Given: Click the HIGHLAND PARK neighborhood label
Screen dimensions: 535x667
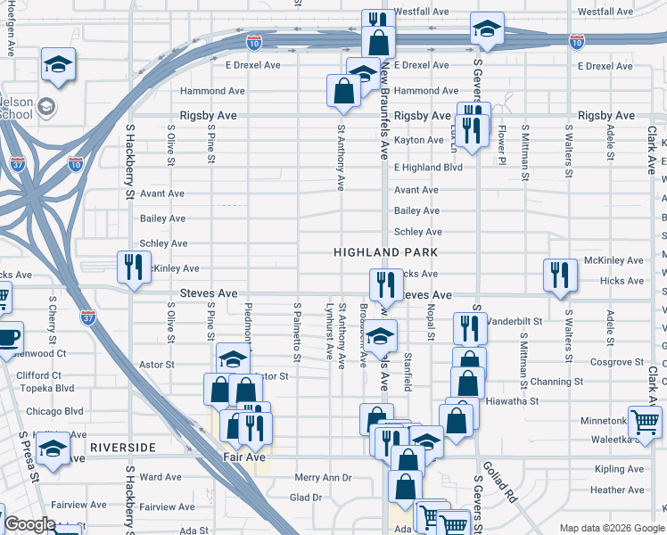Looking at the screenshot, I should click(x=385, y=252).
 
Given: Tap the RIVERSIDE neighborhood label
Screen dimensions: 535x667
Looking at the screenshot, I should click(x=122, y=447).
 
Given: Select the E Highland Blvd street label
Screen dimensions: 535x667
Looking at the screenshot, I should click(x=428, y=167).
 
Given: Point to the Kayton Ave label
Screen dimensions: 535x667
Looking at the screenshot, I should click(x=418, y=140).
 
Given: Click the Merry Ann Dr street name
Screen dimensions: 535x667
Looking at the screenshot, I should click(x=324, y=478).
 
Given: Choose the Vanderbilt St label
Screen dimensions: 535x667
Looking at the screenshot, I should click(x=515, y=320).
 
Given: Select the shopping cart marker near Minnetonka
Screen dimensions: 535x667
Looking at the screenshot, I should click(x=645, y=421).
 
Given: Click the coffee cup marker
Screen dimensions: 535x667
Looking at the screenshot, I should click(x=8, y=340).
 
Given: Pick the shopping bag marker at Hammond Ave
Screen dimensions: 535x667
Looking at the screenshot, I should click(x=343, y=90).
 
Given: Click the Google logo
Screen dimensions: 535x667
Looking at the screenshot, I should click(x=29, y=524).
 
